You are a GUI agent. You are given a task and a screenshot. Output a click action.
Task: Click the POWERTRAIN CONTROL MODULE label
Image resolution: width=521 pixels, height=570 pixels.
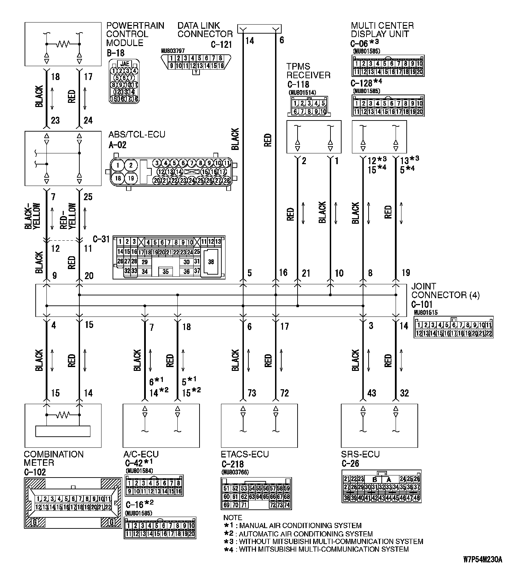(135, 34)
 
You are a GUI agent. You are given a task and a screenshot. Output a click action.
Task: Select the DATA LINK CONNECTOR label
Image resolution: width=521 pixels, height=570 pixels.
(205, 30)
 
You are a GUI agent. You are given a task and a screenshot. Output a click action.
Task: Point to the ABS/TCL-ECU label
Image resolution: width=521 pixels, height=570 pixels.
(137, 134)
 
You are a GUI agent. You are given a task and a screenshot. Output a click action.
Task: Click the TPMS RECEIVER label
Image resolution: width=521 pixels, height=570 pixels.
(308, 71)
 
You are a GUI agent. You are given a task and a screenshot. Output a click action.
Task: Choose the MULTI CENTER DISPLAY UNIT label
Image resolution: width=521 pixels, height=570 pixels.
(382, 30)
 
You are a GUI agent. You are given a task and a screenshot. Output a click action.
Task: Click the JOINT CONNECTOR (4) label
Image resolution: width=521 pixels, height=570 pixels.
(445, 291)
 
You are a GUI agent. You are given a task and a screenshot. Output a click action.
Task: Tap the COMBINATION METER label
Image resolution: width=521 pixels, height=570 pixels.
(54, 458)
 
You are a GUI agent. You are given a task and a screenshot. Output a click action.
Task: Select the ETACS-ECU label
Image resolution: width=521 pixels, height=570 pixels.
(245, 454)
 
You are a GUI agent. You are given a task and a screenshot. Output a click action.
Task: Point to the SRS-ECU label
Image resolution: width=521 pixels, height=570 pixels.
(360, 454)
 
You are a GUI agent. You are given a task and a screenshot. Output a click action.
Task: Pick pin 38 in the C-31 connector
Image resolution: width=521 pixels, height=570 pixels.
(211, 262)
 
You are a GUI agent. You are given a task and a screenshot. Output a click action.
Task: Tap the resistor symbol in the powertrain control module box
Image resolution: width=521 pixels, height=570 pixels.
(63, 44)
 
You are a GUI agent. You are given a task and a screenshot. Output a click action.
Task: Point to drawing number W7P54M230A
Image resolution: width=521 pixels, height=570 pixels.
(483, 560)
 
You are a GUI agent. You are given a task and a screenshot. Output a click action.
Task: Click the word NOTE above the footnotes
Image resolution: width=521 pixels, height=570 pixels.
(232, 518)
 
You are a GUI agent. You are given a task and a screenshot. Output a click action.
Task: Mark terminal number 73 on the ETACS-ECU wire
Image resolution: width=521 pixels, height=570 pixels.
(252, 393)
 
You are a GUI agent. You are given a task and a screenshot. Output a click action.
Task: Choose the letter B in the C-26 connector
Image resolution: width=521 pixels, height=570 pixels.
(374, 480)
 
